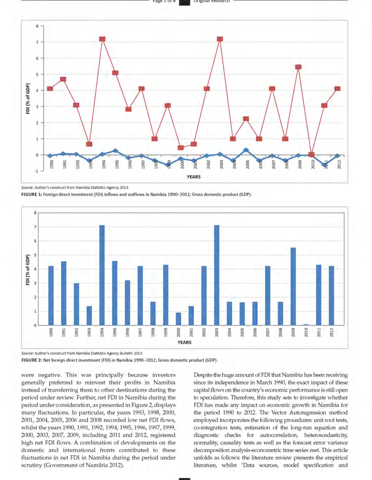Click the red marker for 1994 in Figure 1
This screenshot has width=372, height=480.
102,39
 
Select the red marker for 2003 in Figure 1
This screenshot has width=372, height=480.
220,39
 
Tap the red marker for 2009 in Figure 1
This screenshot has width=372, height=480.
298,67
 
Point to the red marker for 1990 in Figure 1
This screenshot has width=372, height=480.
50,89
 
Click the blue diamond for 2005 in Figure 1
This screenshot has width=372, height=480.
246,150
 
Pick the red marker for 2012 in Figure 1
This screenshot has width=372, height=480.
337,89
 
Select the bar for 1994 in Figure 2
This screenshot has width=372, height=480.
102,275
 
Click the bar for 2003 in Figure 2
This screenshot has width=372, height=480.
217,275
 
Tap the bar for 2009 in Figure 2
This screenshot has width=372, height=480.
293,286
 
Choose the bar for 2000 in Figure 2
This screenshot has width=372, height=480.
179,319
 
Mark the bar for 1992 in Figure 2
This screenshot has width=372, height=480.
76,304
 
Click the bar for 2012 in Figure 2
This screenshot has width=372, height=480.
331,295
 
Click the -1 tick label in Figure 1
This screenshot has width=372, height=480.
36,171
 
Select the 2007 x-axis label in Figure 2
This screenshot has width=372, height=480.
268,332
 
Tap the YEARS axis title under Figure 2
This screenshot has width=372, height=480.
184,343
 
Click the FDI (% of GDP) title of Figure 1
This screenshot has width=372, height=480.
28,99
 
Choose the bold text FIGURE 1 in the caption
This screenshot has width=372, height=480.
31,195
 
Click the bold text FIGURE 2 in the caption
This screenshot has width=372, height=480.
31,360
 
